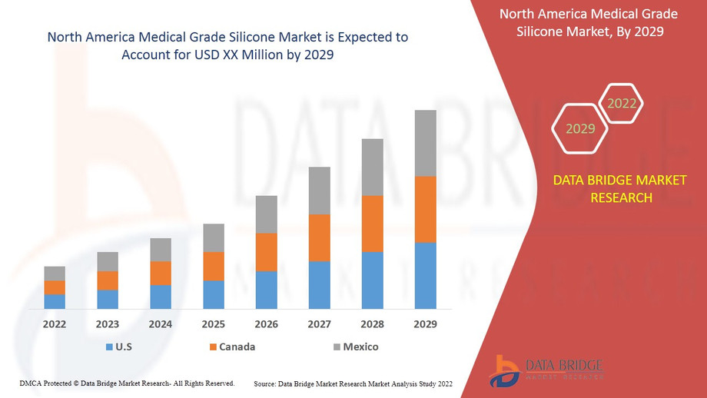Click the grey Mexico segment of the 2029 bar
[x=425, y=143]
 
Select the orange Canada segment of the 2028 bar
[x=372, y=224]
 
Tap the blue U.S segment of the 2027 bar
[x=319, y=285]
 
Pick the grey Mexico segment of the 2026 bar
[x=266, y=214]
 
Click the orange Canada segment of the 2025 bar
[x=213, y=266]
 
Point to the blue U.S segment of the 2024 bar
[x=160, y=297]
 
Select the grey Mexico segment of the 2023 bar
[x=108, y=261]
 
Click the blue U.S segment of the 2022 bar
[x=55, y=301]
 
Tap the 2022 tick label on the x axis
[x=55, y=324]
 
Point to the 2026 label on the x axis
[x=266, y=324]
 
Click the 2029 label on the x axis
[x=425, y=324]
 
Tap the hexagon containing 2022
[x=621, y=104]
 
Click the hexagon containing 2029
[x=580, y=128]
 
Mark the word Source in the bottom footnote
[x=266, y=383]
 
